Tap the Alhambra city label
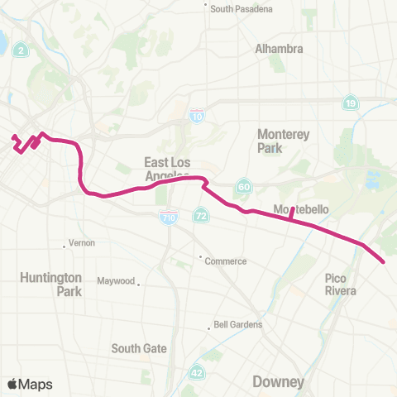[279, 49]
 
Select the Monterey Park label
[282, 141]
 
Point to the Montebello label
[301, 210]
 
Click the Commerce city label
[226, 261]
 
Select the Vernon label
[83, 243]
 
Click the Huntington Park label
[51, 285]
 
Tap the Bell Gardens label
[238, 325]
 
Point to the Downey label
[278, 382]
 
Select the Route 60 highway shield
[243, 185]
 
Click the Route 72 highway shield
[201, 215]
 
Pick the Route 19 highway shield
[351, 103]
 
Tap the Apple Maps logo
[30, 384]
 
